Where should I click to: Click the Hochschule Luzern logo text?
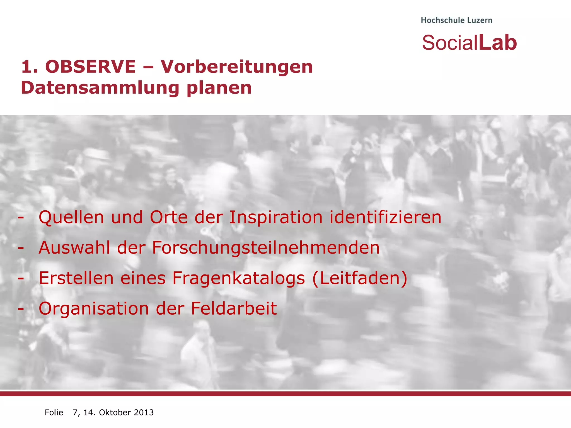(x=456, y=20)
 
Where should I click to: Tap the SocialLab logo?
(x=469, y=43)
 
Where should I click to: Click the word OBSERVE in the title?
(x=90, y=67)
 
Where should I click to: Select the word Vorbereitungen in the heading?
(x=237, y=67)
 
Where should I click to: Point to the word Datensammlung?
(x=100, y=88)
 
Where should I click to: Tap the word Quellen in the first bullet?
(x=71, y=217)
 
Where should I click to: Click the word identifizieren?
(x=385, y=217)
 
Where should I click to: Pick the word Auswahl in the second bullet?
(x=74, y=248)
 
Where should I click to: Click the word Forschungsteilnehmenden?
(x=266, y=248)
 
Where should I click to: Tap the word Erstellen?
(x=76, y=278)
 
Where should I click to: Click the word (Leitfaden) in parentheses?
(x=360, y=278)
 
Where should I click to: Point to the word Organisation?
(x=94, y=308)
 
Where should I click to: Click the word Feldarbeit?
(x=234, y=308)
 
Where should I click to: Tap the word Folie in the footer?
(x=54, y=412)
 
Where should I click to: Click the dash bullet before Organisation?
(x=20, y=309)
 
